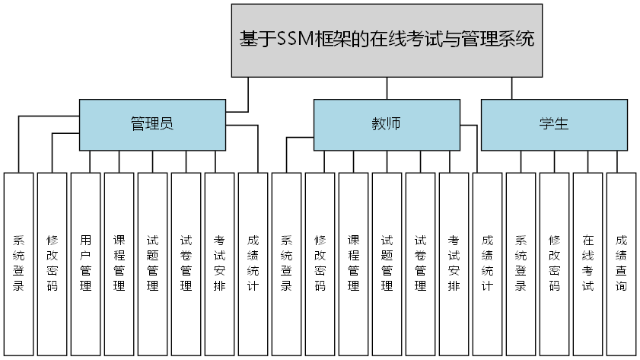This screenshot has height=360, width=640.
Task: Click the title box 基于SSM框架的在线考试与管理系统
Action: (x=387, y=40)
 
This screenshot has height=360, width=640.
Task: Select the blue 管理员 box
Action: (x=152, y=124)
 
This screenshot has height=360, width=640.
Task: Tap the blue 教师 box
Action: (x=387, y=124)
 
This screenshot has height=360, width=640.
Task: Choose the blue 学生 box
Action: (x=554, y=124)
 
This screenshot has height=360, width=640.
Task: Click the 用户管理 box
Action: (x=85, y=263)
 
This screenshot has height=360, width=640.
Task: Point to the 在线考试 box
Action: (x=587, y=263)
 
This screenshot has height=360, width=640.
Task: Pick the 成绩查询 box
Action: (x=621, y=263)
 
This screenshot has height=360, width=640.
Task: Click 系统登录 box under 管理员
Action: (x=18, y=263)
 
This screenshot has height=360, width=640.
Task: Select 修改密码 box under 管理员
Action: (x=52, y=263)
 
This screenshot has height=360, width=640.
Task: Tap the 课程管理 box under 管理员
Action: (x=119, y=263)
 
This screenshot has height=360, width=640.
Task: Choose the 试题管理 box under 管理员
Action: (x=152, y=263)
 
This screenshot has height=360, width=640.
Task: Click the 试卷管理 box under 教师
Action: (x=420, y=263)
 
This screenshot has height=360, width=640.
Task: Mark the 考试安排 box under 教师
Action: (x=454, y=263)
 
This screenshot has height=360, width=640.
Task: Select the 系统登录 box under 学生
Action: (x=521, y=263)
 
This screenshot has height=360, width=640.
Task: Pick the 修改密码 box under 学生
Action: (x=554, y=263)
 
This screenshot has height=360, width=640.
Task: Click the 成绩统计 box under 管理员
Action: (x=253, y=263)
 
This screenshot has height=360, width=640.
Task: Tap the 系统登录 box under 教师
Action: (x=286, y=263)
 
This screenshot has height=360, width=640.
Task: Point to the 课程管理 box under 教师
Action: (x=353, y=263)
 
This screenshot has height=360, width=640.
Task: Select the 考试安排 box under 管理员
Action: (x=219, y=263)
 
